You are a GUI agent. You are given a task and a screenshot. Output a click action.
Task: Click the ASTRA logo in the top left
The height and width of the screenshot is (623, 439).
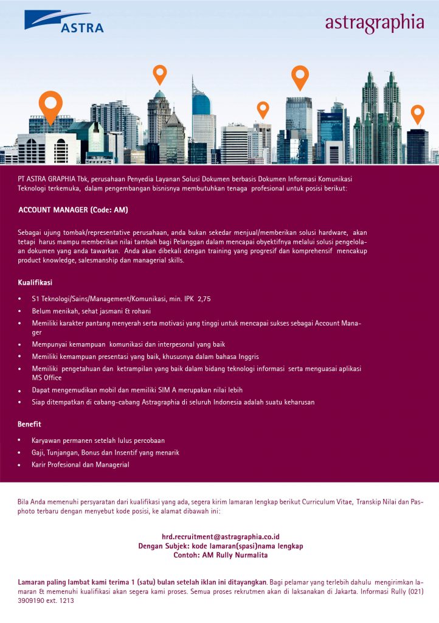coord(64,21)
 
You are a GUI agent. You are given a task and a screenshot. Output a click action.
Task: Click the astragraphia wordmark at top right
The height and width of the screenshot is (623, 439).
coord(374,23)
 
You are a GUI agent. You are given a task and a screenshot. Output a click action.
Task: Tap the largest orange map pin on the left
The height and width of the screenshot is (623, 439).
coord(50,105)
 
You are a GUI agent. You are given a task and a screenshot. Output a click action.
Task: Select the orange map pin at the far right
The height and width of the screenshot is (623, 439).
coord(417,113)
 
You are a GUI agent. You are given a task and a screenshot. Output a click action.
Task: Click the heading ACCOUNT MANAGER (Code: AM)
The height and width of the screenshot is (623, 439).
coord(73,210)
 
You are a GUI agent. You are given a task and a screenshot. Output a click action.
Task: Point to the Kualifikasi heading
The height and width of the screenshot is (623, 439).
coord(35,283)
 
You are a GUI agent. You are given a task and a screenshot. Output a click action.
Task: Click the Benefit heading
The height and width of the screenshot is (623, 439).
coord(29,423)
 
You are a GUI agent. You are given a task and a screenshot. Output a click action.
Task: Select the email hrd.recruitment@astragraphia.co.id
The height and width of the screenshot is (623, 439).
coord(220,537)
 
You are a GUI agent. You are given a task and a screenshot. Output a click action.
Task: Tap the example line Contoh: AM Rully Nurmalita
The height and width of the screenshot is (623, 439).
coord(220,555)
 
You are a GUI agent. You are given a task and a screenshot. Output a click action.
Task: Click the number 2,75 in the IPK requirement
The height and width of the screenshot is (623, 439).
coord(204,299)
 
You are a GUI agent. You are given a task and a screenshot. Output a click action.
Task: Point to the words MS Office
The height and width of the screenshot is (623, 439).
coord(47,378)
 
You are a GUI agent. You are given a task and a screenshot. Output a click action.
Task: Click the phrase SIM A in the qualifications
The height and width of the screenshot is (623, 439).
coord(157,389)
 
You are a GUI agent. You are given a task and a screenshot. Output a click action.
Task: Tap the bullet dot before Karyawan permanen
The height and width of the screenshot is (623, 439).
coord(19,440)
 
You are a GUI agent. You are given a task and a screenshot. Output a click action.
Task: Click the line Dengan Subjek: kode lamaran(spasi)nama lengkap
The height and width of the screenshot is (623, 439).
coord(220,546)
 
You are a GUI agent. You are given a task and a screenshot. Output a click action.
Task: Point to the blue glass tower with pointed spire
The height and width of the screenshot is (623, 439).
coord(201,103)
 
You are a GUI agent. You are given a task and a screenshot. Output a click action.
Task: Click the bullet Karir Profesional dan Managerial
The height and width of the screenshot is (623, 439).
coord(80,465)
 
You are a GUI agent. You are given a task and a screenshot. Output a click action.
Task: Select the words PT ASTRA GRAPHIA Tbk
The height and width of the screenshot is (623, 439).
coord(47,180)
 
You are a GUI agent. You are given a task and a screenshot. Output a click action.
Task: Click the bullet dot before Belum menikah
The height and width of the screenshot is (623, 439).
coord(19,311)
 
